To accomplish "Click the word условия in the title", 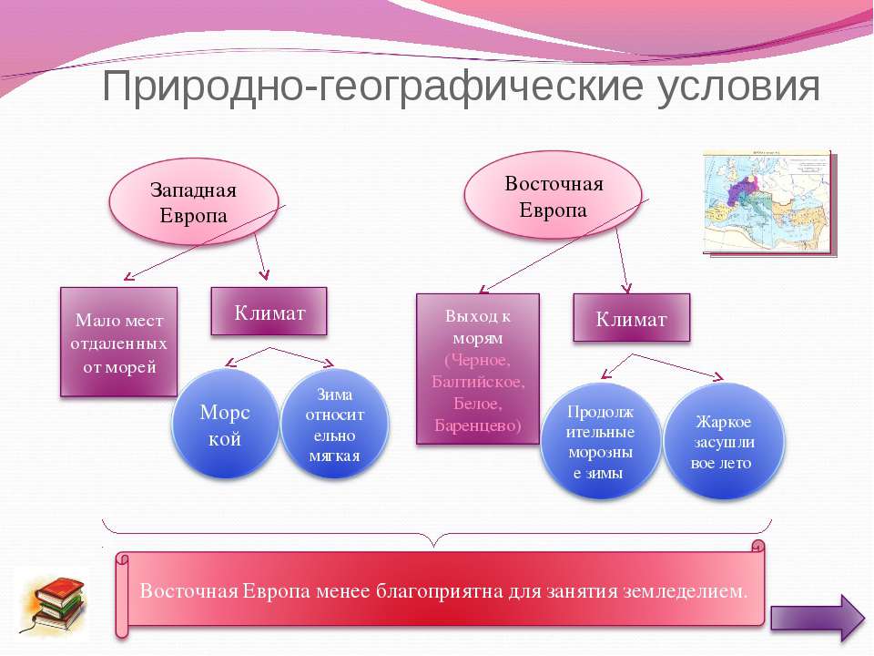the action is (737, 87).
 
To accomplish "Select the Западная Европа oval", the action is (193, 202).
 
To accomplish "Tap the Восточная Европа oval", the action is (553, 196).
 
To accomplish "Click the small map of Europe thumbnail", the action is (770, 203).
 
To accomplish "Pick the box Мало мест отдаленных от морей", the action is (118, 342).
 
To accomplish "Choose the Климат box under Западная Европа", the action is (269, 312).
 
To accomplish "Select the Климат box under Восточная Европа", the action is (632, 318).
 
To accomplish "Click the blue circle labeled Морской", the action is (225, 425).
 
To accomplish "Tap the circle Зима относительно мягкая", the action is (334, 425).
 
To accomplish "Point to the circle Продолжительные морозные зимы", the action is (600, 441).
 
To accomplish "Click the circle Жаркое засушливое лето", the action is (724, 441).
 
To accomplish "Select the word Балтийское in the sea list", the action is (478, 382).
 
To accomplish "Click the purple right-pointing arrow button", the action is (818, 618).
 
